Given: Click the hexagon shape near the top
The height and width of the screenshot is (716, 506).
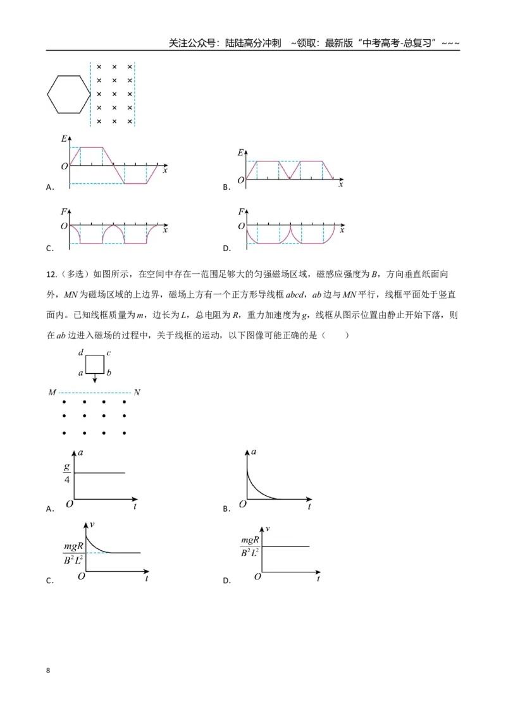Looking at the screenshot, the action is [x=47, y=94].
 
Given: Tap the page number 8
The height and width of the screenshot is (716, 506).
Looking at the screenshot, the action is [x=48, y=670].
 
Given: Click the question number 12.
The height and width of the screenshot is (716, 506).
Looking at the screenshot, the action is [x=51, y=275].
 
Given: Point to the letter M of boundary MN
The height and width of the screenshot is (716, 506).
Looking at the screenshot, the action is [x=52, y=392].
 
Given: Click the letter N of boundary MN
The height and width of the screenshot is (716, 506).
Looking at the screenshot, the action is [x=137, y=392].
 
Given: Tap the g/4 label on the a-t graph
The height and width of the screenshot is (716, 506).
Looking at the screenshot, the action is [x=67, y=473].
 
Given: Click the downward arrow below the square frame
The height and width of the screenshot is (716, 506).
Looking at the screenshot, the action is [x=94, y=379].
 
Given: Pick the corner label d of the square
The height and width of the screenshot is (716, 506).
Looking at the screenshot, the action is [x=81, y=352].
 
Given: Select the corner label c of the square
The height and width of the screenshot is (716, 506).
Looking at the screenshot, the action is [x=109, y=353].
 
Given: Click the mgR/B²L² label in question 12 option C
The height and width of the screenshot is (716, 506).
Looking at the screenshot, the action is [x=73, y=553].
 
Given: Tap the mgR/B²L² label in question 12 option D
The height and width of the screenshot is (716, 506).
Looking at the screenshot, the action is [x=250, y=546].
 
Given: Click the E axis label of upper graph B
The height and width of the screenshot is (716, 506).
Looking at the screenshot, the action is [x=240, y=152].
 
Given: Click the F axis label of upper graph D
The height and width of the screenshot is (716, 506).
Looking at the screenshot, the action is [x=241, y=211].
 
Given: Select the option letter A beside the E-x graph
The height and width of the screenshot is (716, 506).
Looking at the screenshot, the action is [x=50, y=187].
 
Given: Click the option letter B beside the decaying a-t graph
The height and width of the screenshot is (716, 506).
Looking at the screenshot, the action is [x=226, y=509].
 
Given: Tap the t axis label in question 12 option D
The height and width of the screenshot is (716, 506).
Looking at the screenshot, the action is [x=318, y=579].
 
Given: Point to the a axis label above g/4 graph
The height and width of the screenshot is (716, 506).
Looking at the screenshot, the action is [x=81, y=452].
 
